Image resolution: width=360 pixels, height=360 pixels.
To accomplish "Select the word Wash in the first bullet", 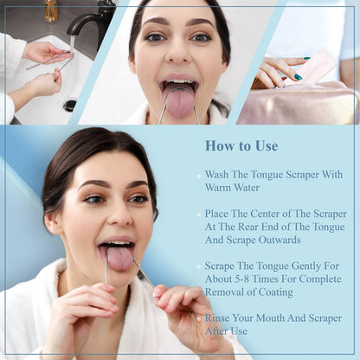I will (218, 174).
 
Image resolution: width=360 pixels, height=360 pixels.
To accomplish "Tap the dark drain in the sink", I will (70, 105).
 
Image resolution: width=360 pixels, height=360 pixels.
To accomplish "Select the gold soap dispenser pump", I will (52, 10).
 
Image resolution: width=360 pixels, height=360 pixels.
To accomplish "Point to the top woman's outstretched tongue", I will (180, 101).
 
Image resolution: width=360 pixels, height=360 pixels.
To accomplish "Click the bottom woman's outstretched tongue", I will (119, 258).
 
